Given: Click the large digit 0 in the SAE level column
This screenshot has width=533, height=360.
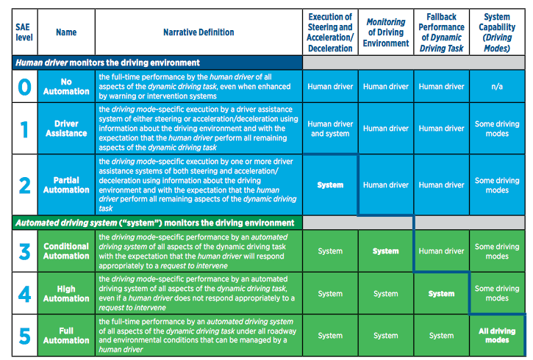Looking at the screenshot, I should [x=24, y=87].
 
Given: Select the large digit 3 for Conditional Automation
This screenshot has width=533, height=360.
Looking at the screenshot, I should [x=24, y=251].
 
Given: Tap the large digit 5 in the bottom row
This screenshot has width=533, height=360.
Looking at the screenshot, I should [x=24, y=336].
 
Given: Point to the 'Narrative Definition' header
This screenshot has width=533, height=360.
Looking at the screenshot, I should [x=198, y=32].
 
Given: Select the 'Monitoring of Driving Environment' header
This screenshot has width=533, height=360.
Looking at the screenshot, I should [x=385, y=32].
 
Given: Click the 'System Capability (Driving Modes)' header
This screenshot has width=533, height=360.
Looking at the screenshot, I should [x=497, y=32].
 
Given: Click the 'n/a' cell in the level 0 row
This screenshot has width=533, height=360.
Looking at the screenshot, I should [x=497, y=87].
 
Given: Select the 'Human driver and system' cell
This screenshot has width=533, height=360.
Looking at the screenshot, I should [x=330, y=129].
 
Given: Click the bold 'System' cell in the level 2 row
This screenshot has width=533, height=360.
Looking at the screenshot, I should [x=330, y=185].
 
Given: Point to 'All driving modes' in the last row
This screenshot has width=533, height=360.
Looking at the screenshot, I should [x=497, y=336].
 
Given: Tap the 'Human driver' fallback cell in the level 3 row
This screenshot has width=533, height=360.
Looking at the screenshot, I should [x=441, y=251].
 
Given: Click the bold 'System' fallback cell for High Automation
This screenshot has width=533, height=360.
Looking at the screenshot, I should [x=441, y=294].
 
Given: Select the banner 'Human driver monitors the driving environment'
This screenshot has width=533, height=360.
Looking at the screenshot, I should [x=108, y=63].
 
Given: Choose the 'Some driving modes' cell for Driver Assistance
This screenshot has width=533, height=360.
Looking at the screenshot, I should [x=497, y=129].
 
